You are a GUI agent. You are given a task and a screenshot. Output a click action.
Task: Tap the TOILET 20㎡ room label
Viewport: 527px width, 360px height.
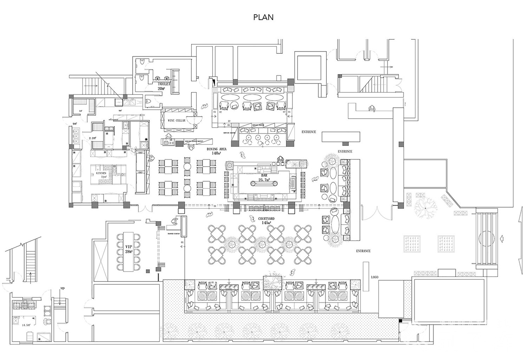coord(164,86)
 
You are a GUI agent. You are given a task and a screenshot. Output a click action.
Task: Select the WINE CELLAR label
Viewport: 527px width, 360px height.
coord(176,121)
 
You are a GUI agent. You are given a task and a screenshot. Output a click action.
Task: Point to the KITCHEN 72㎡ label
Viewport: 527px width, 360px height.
coord(102,175)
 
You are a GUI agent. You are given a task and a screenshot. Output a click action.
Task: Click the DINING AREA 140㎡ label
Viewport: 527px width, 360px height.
coord(216,151)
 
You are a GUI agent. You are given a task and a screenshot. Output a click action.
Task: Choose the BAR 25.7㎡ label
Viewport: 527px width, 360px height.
coord(263,178)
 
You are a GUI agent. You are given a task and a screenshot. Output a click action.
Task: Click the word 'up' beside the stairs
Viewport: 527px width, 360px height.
coord(62,288)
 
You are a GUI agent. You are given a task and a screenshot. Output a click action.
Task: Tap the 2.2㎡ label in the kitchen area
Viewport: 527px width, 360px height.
coord(93,138)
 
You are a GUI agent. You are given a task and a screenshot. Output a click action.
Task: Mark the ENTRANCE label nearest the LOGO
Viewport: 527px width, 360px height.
coord(363,251)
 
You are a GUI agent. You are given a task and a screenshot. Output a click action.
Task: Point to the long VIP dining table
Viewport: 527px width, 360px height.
coord(126,251)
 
